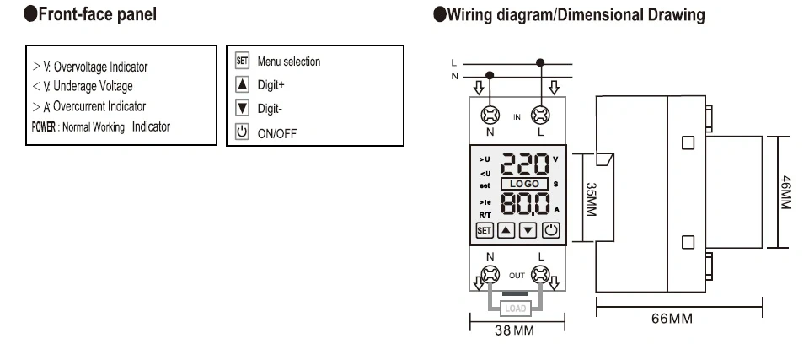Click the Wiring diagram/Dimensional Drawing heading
(569, 14)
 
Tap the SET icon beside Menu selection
(242, 62)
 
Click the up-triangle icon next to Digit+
(242, 84)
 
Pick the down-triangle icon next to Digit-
(242, 108)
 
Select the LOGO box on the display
(525, 183)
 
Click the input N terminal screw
(489, 116)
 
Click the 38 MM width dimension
(514, 331)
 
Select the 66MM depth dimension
(672, 320)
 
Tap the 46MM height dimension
(785, 193)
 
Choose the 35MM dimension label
(591, 200)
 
